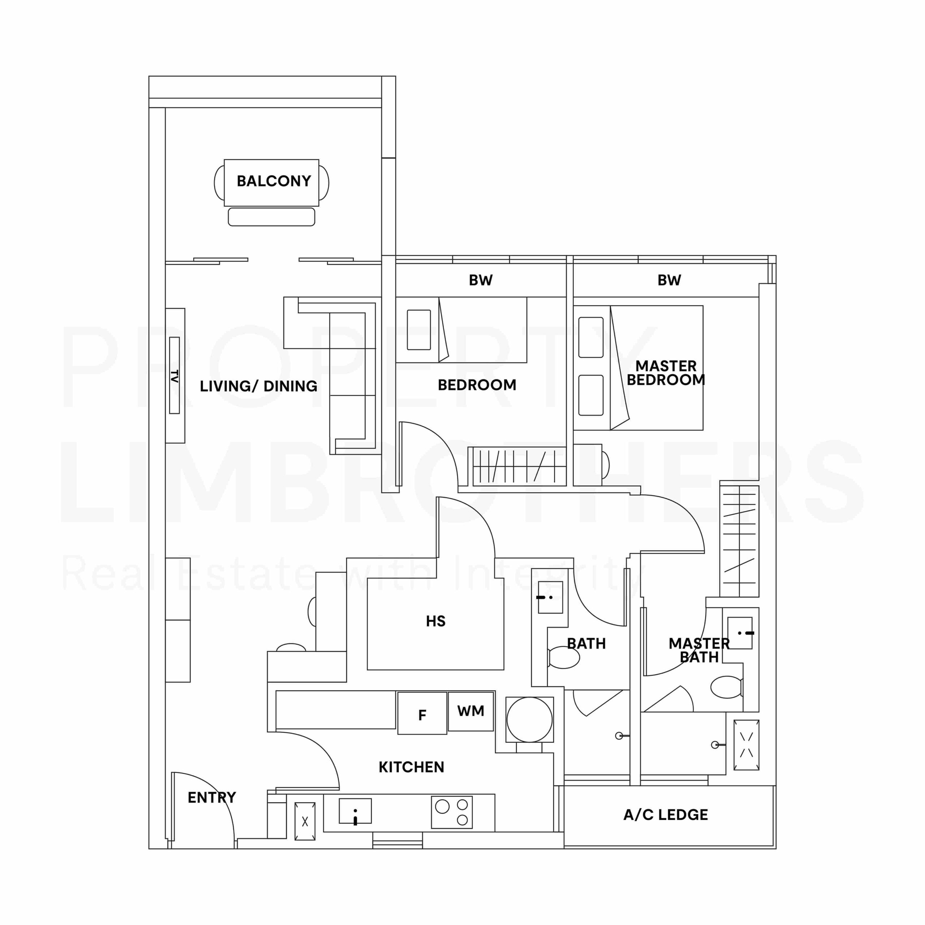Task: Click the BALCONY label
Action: coord(274,181)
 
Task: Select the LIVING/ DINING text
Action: coord(259,386)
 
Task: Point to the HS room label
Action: coord(436,621)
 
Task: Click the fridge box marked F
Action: coord(422,713)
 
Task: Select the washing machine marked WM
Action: coord(471,711)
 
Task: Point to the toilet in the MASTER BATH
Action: coord(727,687)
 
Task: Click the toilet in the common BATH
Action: coord(564,657)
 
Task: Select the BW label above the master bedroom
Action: coord(669,280)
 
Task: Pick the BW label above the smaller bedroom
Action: coord(481,280)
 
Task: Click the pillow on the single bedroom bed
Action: coord(419,330)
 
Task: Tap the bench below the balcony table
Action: coord(271,217)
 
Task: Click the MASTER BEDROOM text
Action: coord(666,373)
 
